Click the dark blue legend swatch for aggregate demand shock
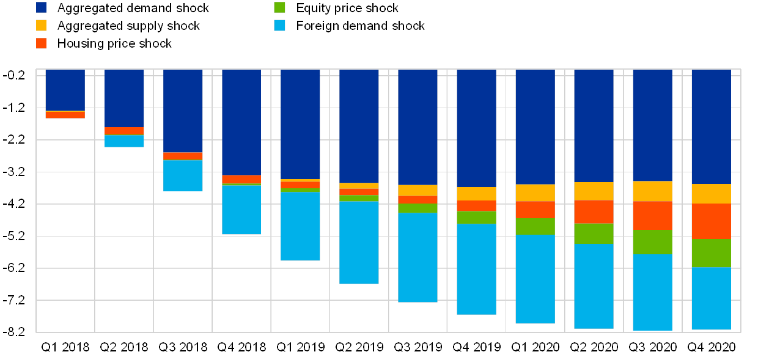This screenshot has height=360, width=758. tap(42, 8)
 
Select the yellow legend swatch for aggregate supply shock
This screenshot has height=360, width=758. tap(42, 26)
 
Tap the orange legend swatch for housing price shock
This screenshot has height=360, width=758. tap(42, 43)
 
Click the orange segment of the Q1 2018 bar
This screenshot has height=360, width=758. tap(65, 115)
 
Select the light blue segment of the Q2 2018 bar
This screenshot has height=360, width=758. tap(124, 141)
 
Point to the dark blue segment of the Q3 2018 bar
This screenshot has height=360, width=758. tap(183, 111)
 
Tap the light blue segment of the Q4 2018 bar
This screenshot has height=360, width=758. tap(241, 210)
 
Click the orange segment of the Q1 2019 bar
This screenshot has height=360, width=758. tap(300, 185)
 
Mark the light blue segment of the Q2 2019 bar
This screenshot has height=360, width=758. tap(359, 243)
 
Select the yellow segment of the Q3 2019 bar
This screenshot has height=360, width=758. tap(418, 190)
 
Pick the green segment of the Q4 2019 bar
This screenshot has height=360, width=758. tap(476, 217)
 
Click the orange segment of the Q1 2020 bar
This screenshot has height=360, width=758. tap(535, 210)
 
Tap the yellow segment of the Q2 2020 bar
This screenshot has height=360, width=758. tap(594, 191)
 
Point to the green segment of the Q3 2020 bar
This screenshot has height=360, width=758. tap(652, 241)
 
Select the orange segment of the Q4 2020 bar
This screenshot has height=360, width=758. tap(711, 221)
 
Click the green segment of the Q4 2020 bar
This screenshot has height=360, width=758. tap(711, 253)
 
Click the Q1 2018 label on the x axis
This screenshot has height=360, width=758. tap(65, 347)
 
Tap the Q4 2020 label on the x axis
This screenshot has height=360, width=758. tap(711, 347)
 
